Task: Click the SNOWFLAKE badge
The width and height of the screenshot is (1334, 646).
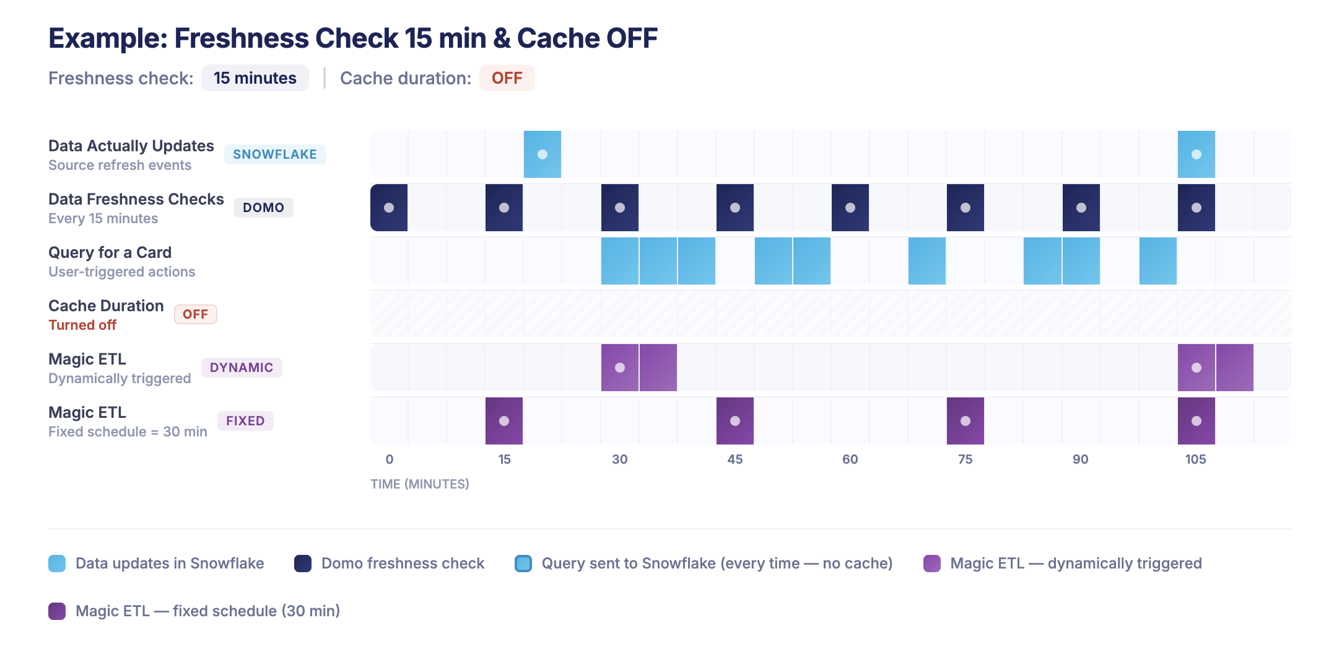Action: [x=275, y=154]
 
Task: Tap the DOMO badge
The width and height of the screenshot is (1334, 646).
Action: [x=263, y=208]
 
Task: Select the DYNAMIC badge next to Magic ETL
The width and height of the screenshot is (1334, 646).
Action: [x=242, y=368]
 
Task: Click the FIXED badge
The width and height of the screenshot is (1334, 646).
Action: [x=245, y=421]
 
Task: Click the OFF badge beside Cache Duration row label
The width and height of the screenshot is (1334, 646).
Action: [x=195, y=314]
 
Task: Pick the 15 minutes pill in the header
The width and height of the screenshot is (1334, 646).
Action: [x=255, y=78]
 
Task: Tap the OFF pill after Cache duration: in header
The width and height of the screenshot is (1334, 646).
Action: [x=507, y=78]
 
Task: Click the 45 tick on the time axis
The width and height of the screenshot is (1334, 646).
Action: [x=735, y=459]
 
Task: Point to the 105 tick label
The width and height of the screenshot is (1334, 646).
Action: [x=1195, y=459]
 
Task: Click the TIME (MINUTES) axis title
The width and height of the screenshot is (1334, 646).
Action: [x=420, y=484]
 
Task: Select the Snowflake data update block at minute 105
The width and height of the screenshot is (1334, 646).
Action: [x=1196, y=154]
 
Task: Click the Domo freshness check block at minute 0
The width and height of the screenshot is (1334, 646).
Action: [x=389, y=208]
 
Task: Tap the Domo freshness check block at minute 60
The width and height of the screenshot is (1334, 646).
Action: [x=850, y=208]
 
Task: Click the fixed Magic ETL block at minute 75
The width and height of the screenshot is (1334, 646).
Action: [x=965, y=421]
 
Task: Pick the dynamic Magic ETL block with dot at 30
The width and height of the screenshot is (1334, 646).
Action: [x=619, y=368]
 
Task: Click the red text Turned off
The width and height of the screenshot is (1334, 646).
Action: [x=82, y=325]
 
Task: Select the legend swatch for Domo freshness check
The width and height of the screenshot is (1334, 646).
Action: [x=303, y=564]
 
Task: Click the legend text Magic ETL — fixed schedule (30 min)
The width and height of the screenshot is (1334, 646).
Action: [x=207, y=611]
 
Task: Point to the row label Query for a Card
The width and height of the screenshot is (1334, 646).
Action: [x=110, y=252]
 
